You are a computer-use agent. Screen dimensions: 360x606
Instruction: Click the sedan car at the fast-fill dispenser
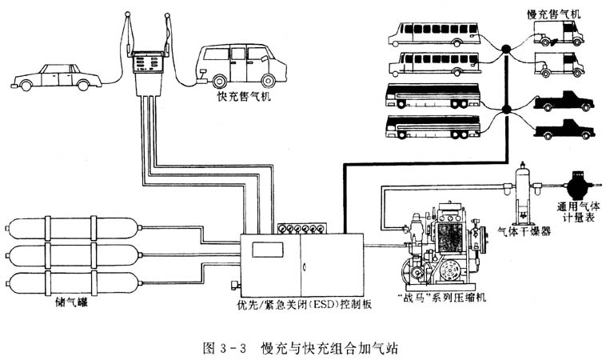pos(56,77)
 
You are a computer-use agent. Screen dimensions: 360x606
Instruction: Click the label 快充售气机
pos(244,97)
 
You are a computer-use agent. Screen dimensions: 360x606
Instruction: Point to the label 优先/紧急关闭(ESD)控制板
pos(304,303)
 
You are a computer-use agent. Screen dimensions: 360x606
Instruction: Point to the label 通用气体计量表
pos(577,211)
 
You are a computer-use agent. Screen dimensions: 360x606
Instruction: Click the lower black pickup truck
pos(563,129)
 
